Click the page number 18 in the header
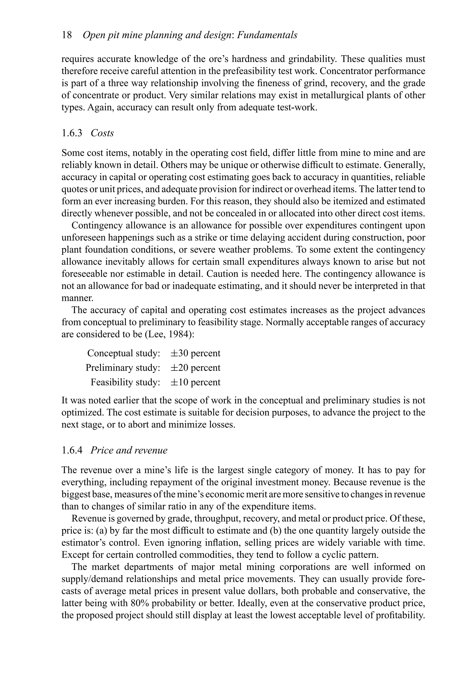67,35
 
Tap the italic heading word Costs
102,133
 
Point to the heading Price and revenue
129,450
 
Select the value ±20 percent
195,368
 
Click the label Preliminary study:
123,368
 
